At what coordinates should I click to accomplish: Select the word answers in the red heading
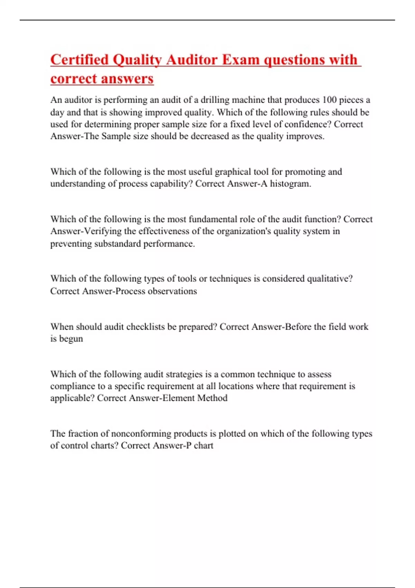pos(130,79)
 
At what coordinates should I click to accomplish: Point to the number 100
pos(329,100)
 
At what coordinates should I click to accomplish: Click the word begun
pos(71,339)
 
